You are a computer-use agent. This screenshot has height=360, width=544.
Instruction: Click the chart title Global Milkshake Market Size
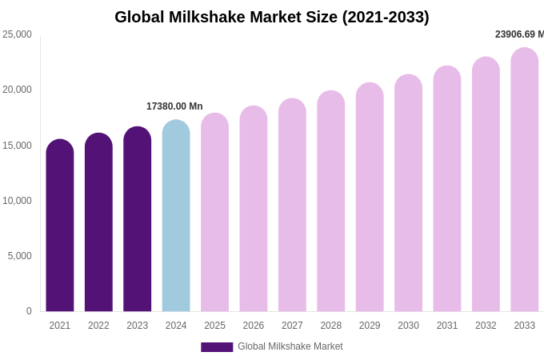pyautogui.click(x=272, y=17)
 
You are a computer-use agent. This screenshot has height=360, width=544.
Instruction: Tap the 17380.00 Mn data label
pyautogui.click(x=174, y=106)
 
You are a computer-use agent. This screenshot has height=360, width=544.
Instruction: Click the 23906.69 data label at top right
pyautogui.click(x=519, y=34)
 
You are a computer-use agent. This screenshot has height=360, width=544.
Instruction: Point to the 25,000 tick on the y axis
pyautogui.click(x=17, y=34)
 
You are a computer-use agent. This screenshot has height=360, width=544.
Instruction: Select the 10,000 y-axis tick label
pyautogui.click(x=17, y=201)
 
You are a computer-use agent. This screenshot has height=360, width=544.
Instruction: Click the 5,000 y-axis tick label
pyautogui.click(x=19, y=256)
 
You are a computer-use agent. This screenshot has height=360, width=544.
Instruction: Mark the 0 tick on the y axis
pyautogui.click(x=29, y=311)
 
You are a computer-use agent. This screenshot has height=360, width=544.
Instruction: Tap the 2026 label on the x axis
pyautogui.click(x=254, y=326)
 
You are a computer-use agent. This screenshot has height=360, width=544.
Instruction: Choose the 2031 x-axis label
pyautogui.click(x=447, y=326)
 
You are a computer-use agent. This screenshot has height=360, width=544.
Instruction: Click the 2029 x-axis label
pyautogui.click(x=370, y=326)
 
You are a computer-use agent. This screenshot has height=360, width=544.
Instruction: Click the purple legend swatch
pyautogui.click(x=217, y=347)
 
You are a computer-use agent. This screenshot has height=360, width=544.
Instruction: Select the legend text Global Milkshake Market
pyautogui.click(x=290, y=346)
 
